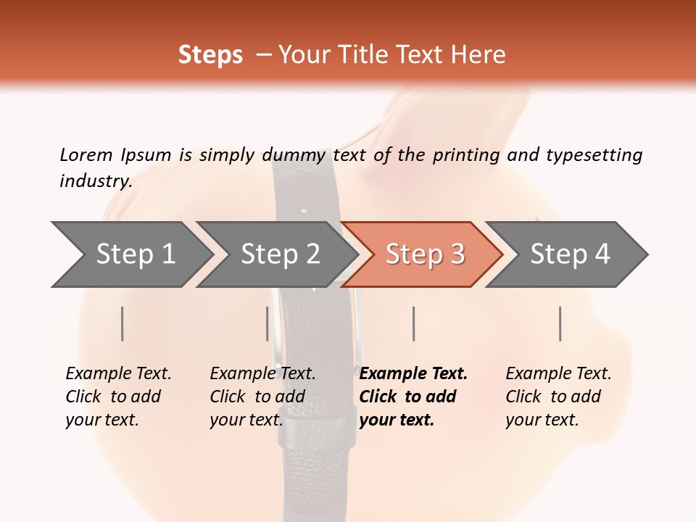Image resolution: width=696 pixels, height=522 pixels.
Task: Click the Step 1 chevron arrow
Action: (135, 254)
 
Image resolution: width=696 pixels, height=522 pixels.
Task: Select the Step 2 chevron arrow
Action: (280, 254)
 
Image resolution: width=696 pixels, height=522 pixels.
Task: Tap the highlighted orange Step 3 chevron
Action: (425, 254)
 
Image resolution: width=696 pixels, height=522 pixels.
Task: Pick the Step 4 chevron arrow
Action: (570, 254)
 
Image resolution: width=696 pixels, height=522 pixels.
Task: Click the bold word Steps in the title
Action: (210, 55)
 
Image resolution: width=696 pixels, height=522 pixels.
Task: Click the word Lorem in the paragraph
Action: (86, 154)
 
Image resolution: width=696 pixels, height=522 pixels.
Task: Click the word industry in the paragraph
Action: (95, 181)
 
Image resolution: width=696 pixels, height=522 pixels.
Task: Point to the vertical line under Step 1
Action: (122, 323)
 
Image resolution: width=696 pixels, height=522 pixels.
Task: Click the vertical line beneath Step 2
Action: (267, 323)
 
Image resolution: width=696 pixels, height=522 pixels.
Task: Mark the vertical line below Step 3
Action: (413, 323)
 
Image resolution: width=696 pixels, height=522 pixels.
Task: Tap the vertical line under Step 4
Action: (560, 323)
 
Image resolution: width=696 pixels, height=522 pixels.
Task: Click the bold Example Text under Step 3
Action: (413, 374)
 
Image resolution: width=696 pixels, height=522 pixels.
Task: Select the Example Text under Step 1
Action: (118, 374)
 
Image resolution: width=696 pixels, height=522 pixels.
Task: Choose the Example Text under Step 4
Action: (558, 374)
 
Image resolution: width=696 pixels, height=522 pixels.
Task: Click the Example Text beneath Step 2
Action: (262, 374)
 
